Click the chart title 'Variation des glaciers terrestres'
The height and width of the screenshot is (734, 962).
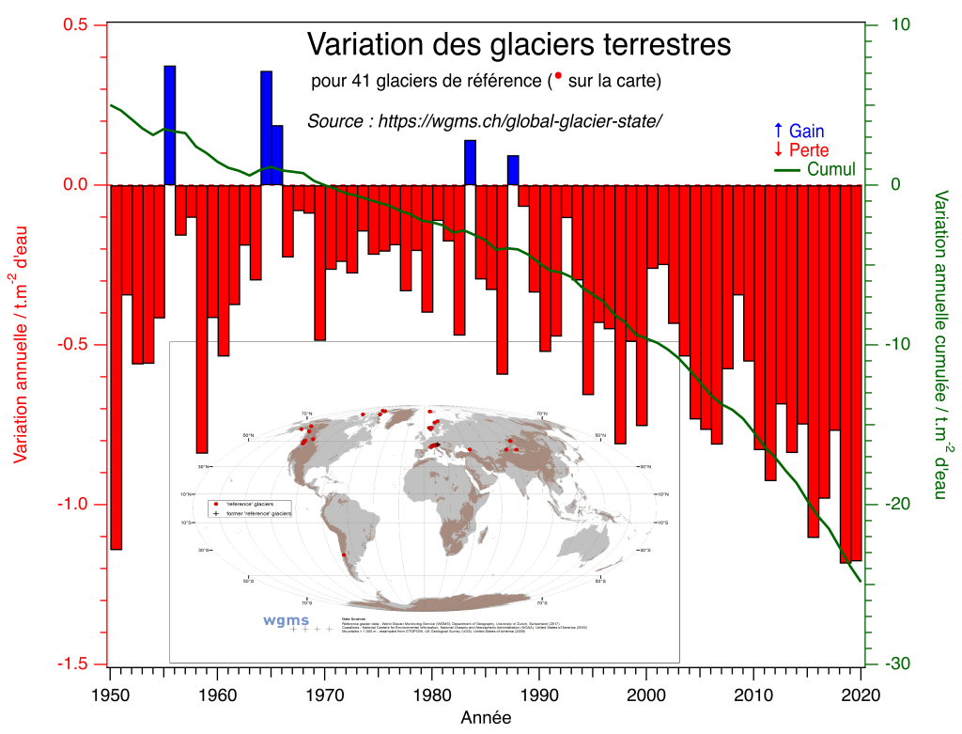point(519,44)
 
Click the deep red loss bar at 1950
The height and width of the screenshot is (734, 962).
point(116,367)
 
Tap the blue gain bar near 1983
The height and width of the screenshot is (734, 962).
point(470,162)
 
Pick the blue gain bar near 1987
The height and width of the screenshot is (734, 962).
point(513,170)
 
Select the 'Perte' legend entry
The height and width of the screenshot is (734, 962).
point(799,150)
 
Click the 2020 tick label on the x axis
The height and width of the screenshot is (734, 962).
point(861,696)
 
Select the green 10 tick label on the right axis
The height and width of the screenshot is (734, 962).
point(888,24)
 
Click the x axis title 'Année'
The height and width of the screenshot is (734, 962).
point(486,718)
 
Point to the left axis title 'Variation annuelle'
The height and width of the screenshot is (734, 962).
point(21,343)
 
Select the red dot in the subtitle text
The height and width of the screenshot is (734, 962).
point(558,75)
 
